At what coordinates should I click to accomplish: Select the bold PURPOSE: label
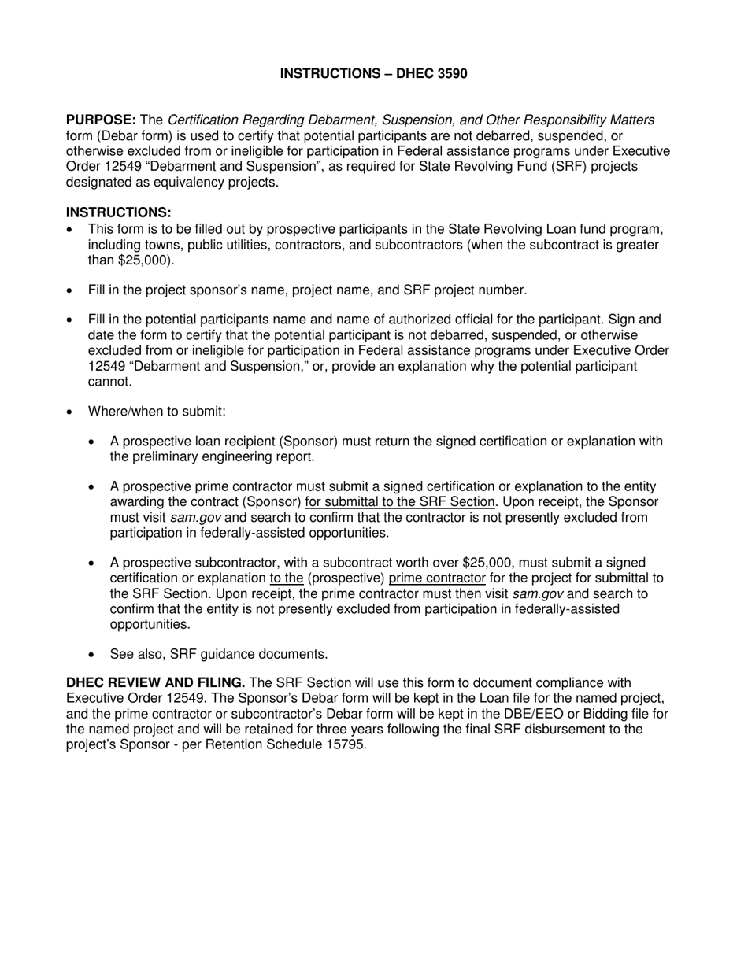101,120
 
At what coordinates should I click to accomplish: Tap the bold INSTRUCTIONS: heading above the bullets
118,212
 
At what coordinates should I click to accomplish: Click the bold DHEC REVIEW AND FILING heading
155,683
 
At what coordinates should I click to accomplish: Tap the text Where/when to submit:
157,412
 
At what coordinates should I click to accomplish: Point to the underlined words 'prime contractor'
437,578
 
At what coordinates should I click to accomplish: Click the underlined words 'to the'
286,578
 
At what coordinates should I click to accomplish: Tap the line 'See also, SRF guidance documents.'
218,654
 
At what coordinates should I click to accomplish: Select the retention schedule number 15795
346,744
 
